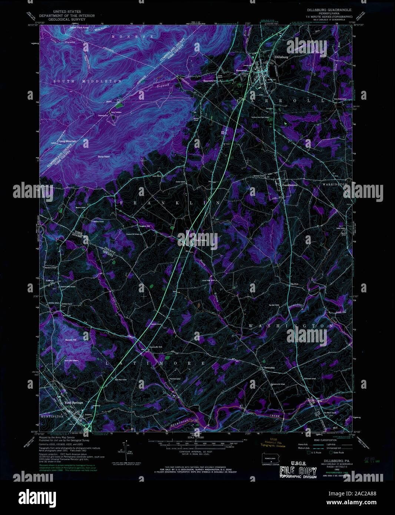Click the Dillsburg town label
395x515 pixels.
[x=282, y=57]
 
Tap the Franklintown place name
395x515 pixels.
[x=290, y=185]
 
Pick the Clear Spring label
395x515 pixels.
[x=199, y=239]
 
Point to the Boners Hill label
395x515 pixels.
[x=70, y=340]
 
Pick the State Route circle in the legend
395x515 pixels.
[x=330, y=452]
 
